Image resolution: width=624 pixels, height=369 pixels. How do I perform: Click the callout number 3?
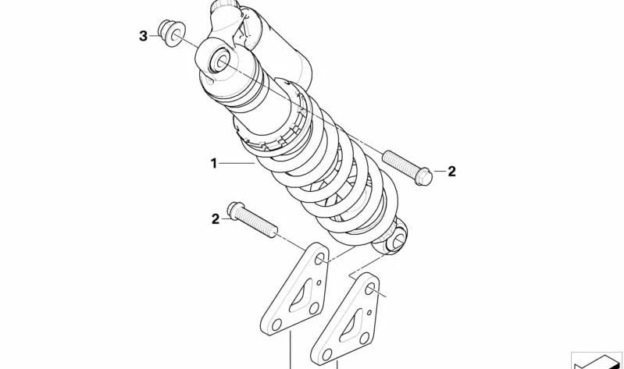pos(143,36)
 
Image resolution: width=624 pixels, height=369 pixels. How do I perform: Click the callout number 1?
pos(214,163)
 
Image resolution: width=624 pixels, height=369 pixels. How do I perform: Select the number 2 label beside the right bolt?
pos(451,172)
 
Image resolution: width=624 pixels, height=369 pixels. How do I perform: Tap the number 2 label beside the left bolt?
pos(216,219)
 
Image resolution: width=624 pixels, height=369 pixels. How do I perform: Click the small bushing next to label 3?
pos(172,33)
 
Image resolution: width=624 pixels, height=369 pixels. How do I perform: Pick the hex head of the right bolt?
pos(423,176)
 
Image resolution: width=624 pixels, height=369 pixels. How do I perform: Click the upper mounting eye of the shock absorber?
pos(218,62)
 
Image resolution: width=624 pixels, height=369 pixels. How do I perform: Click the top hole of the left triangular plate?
pos(319,260)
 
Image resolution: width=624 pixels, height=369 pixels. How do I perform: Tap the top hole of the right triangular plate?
pos(369,289)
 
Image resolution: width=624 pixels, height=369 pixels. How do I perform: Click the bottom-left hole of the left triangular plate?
pos(276,325)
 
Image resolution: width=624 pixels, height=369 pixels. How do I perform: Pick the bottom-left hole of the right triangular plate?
pos(327,355)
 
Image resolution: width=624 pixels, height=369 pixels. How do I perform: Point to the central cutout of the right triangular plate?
pos(351,325)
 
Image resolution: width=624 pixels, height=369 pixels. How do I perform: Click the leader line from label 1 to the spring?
pos(237,163)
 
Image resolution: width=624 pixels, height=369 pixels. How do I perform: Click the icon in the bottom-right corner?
pos(596,360)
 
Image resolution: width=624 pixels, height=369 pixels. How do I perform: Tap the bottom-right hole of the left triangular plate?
pos(314,308)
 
